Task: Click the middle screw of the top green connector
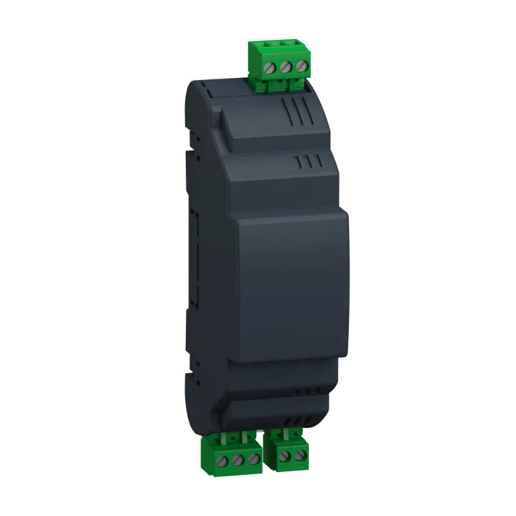284,67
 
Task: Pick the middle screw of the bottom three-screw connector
239,460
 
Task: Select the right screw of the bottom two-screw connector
298,457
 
